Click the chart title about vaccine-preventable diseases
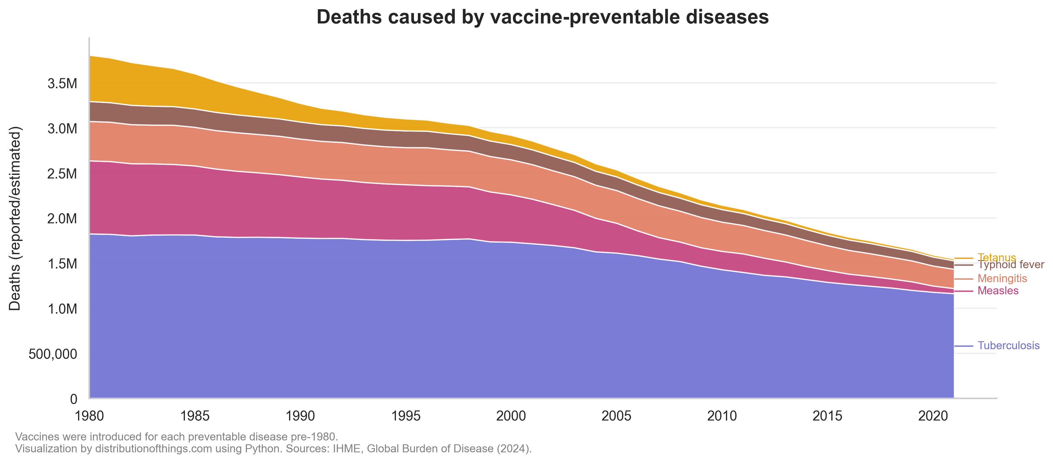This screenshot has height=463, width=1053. pos(543,17)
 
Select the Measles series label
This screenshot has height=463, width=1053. pos(998,291)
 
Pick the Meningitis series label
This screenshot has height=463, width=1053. pos(1002,279)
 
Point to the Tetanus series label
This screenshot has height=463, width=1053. pos(997,257)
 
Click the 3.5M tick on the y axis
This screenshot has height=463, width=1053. pos(62,84)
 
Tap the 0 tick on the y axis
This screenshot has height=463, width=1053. pos(74,399)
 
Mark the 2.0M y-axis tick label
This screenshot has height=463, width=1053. pos(62,219)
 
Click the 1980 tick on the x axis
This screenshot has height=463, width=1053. pos(89,416)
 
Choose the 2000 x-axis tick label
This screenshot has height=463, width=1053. pos(511,416)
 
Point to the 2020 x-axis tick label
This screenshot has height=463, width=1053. pos(933,416)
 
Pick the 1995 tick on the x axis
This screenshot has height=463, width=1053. pos(405,416)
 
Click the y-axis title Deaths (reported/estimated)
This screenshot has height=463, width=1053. pos(15,219)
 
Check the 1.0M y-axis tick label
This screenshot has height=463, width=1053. pos(62,309)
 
